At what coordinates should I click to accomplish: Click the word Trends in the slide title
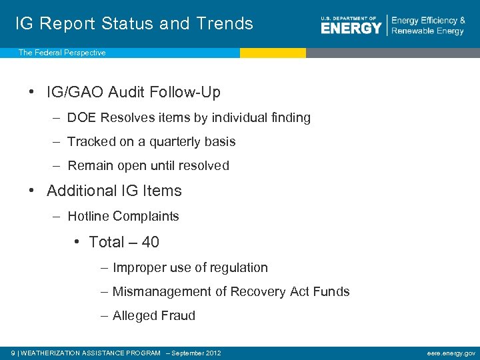tap(225, 23)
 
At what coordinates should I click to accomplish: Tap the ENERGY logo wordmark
tap(351, 27)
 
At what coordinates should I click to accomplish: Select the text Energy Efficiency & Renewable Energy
tap(428, 26)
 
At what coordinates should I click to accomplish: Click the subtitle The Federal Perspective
tap(62, 53)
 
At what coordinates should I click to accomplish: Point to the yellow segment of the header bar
tap(273, 53)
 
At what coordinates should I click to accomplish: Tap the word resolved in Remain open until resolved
tap(203, 166)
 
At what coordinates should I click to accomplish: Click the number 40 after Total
tap(150, 242)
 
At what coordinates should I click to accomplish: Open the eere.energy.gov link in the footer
tap(451, 353)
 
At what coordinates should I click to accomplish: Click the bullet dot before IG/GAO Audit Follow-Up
tap(32, 92)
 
